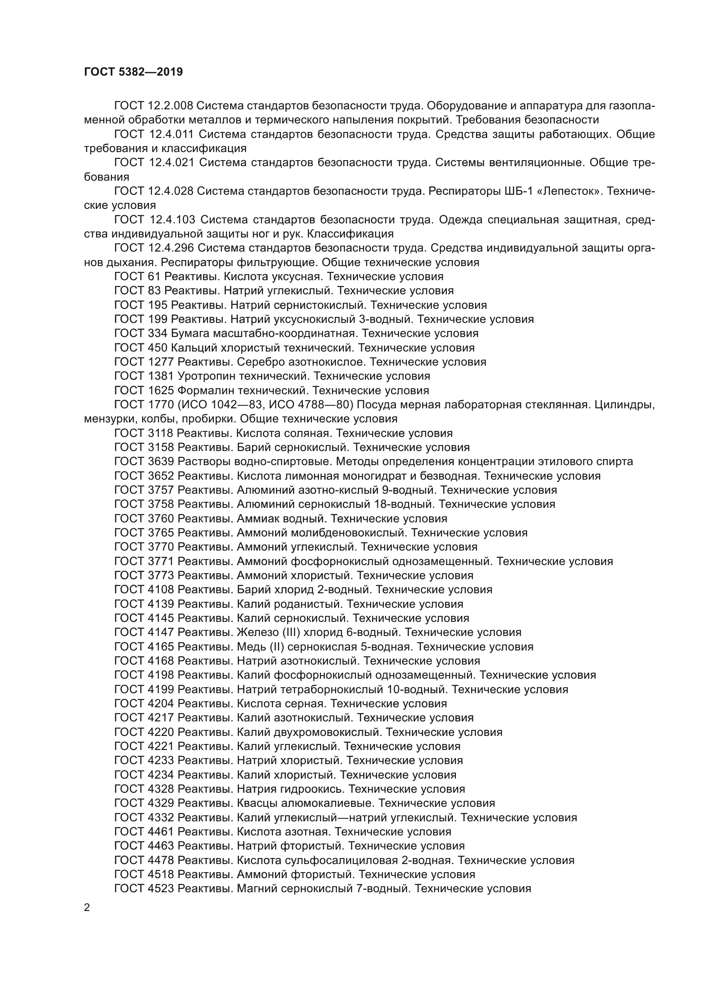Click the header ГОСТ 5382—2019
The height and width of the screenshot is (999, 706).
[x=134, y=72]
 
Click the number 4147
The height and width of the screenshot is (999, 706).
[x=161, y=632]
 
